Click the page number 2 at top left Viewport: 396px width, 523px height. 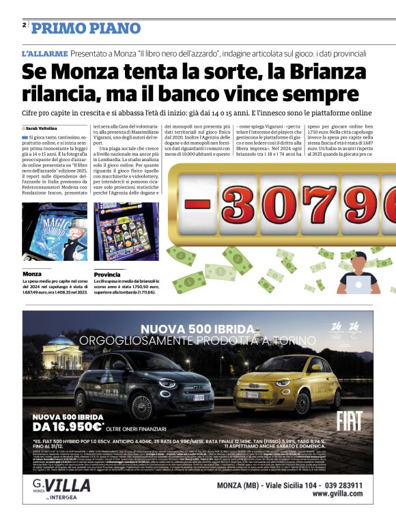pos(25,25)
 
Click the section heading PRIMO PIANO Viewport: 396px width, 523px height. pos(76,28)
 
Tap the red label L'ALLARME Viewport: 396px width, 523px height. pos(44,53)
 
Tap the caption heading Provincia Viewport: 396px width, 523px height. pos(108,273)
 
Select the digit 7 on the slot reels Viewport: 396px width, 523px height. pos(320,204)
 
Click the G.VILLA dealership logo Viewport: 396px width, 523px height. pos(61,487)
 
